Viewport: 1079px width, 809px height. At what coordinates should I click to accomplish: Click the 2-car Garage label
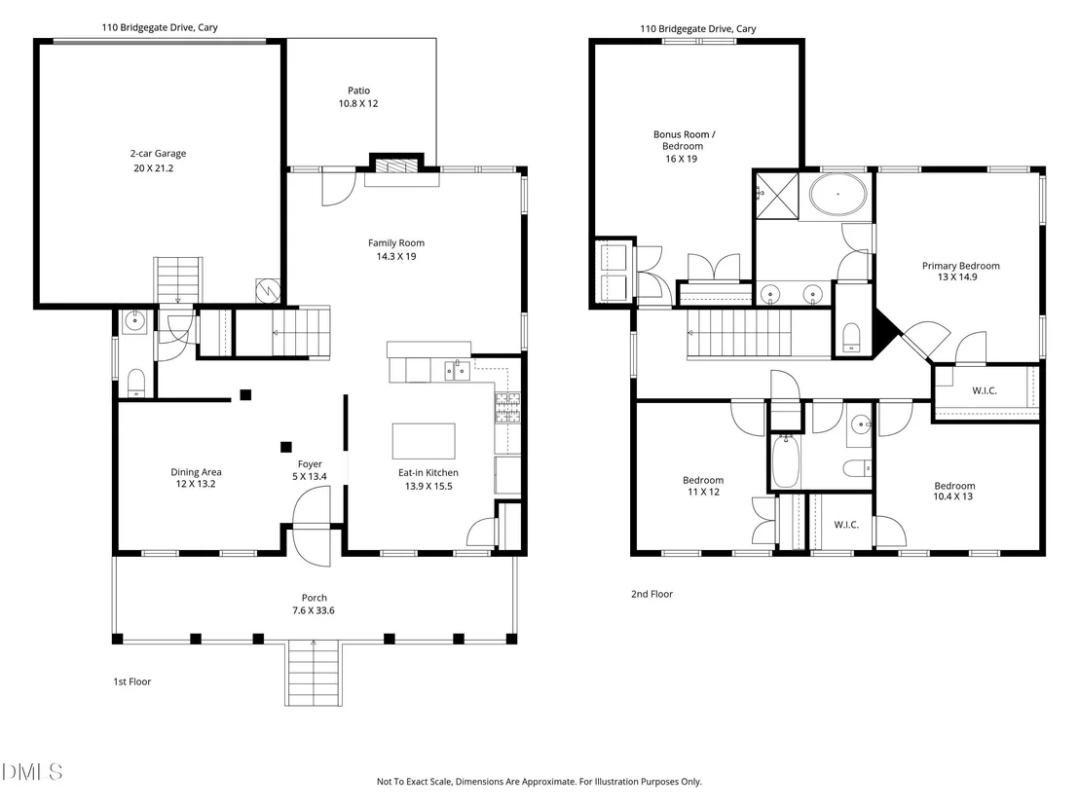click(159, 154)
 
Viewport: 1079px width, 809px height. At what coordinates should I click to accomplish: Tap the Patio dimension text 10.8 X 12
click(357, 104)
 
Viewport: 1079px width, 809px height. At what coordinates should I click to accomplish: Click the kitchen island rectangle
click(424, 441)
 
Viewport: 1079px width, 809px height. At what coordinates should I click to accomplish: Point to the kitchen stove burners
click(507, 407)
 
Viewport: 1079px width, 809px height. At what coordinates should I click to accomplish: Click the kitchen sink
click(457, 370)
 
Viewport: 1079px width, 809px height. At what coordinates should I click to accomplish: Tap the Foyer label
click(310, 464)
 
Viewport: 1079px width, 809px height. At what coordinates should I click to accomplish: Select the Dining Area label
click(196, 472)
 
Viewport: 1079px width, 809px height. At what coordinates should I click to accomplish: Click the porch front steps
click(314, 673)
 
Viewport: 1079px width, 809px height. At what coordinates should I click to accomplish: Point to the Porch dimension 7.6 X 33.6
click(314, 610)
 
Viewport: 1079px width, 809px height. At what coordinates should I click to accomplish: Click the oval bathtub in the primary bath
click(837, 194)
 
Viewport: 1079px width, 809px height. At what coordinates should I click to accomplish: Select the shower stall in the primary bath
click(777, 196)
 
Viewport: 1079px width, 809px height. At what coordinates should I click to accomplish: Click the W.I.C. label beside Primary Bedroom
click(984, 390)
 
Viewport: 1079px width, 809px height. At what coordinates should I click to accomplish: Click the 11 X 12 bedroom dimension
click(703, 492)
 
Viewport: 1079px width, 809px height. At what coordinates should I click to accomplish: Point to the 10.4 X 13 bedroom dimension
click(953, 496)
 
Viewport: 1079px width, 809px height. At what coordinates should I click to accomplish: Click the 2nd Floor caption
click(651, 594)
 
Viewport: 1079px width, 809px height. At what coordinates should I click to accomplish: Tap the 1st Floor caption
click(132, 681)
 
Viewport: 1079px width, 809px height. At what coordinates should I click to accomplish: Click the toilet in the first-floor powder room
click(136, 383)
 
